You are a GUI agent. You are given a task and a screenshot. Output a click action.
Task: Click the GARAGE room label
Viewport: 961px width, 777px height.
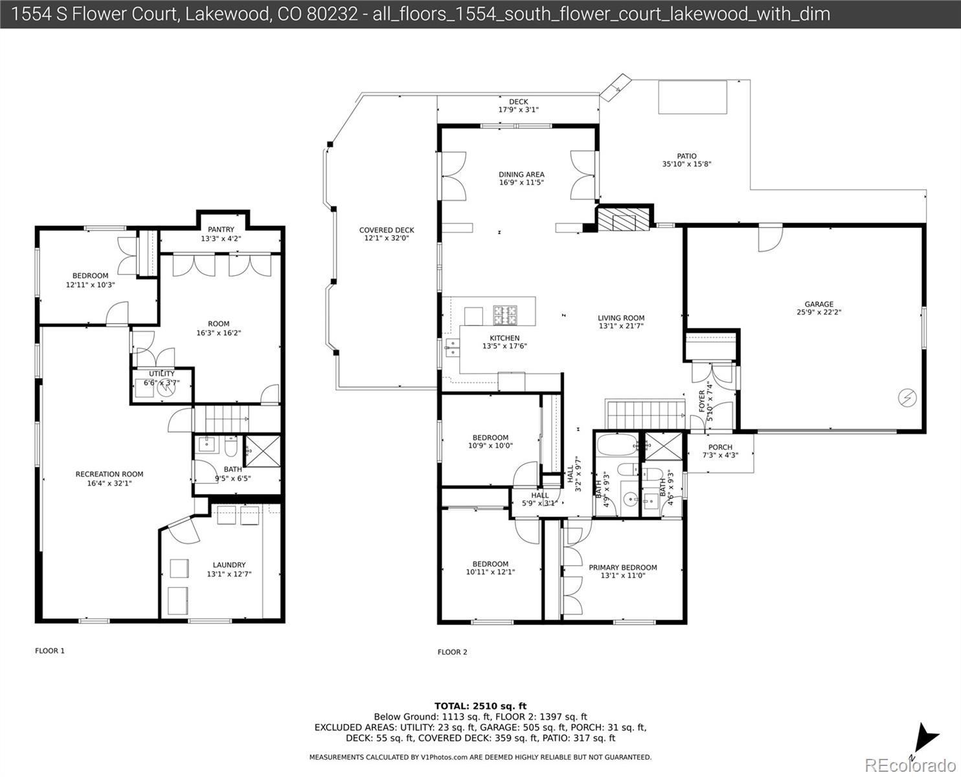coord(819,304)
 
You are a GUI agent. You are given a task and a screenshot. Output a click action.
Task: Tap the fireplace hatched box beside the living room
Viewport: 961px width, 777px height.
coord(622,219)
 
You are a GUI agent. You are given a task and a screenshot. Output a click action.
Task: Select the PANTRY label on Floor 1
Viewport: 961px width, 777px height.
coord(221,230)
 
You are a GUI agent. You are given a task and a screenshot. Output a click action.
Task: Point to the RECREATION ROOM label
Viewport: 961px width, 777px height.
coord(109,474)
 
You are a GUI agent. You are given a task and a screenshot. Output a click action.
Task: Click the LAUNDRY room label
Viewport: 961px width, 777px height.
coord(229,565)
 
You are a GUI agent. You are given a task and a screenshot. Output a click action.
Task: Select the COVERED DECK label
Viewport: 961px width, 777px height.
coord(387,230)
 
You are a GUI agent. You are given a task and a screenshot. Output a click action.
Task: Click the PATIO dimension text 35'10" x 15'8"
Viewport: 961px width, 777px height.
coord(686,164)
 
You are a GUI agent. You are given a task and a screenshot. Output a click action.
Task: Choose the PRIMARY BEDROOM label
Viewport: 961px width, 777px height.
coord(622,567)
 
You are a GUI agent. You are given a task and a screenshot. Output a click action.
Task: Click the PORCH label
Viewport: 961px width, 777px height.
coord(720,447)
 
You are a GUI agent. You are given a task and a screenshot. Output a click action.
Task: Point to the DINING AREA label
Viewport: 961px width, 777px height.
coord(521,174)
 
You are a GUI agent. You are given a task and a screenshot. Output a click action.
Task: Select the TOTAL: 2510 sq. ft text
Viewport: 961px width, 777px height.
coord(480,706)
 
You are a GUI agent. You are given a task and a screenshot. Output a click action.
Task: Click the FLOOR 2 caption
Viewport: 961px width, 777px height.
coord(452,652)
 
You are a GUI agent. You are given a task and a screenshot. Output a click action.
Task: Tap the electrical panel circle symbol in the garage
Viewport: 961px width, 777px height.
coord(906,398)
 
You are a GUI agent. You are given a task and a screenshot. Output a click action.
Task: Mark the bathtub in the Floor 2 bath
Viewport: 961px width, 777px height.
coord(617,445)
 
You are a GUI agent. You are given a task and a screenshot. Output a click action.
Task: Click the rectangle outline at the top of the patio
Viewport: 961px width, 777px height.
coord(692,96)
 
